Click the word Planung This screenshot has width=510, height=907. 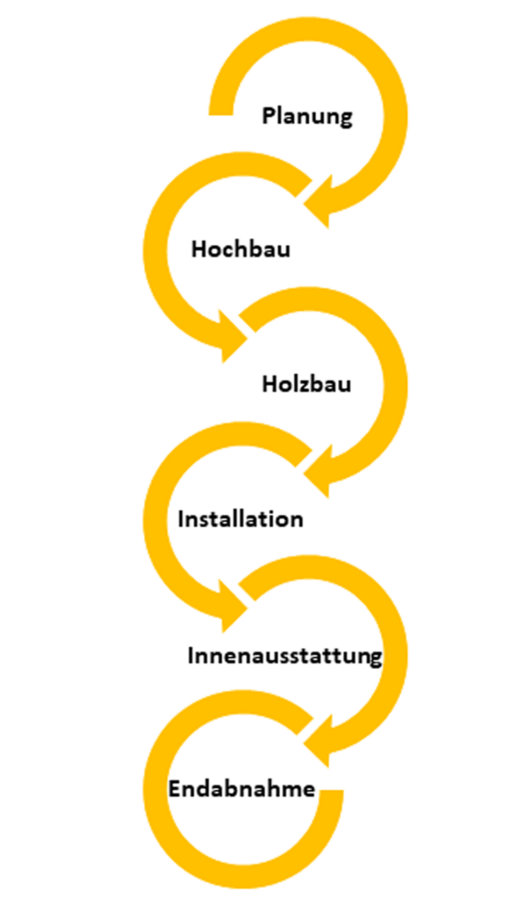(306, 117)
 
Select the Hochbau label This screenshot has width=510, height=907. (241, 250)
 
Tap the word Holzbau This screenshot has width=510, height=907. (306, 384)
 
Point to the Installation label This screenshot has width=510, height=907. (241, 518)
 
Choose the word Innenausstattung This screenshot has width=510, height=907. (284, 656)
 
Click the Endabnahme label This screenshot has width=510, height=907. (242, 788)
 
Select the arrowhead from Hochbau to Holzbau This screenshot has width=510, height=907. (235, 336)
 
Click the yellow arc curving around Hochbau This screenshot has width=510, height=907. (156, 250)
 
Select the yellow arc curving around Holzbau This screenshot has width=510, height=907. (395, 384)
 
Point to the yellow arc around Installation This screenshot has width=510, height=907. (156, 518)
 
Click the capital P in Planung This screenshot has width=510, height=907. (268, 115)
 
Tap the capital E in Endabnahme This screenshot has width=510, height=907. (174, 789)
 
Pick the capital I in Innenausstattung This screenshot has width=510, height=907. (191, 656)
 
